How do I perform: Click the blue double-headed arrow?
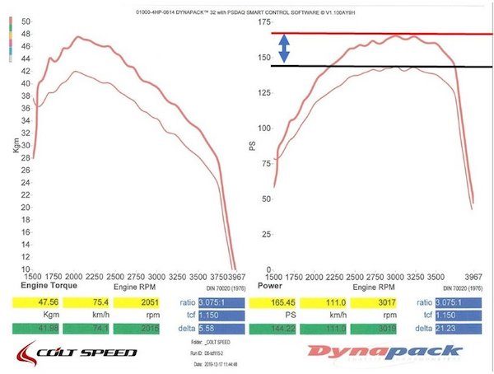[284, 50]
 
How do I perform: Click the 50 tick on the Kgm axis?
[26, 21]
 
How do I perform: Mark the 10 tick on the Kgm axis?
[26, 269]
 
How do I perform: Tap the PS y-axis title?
[253, 146]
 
